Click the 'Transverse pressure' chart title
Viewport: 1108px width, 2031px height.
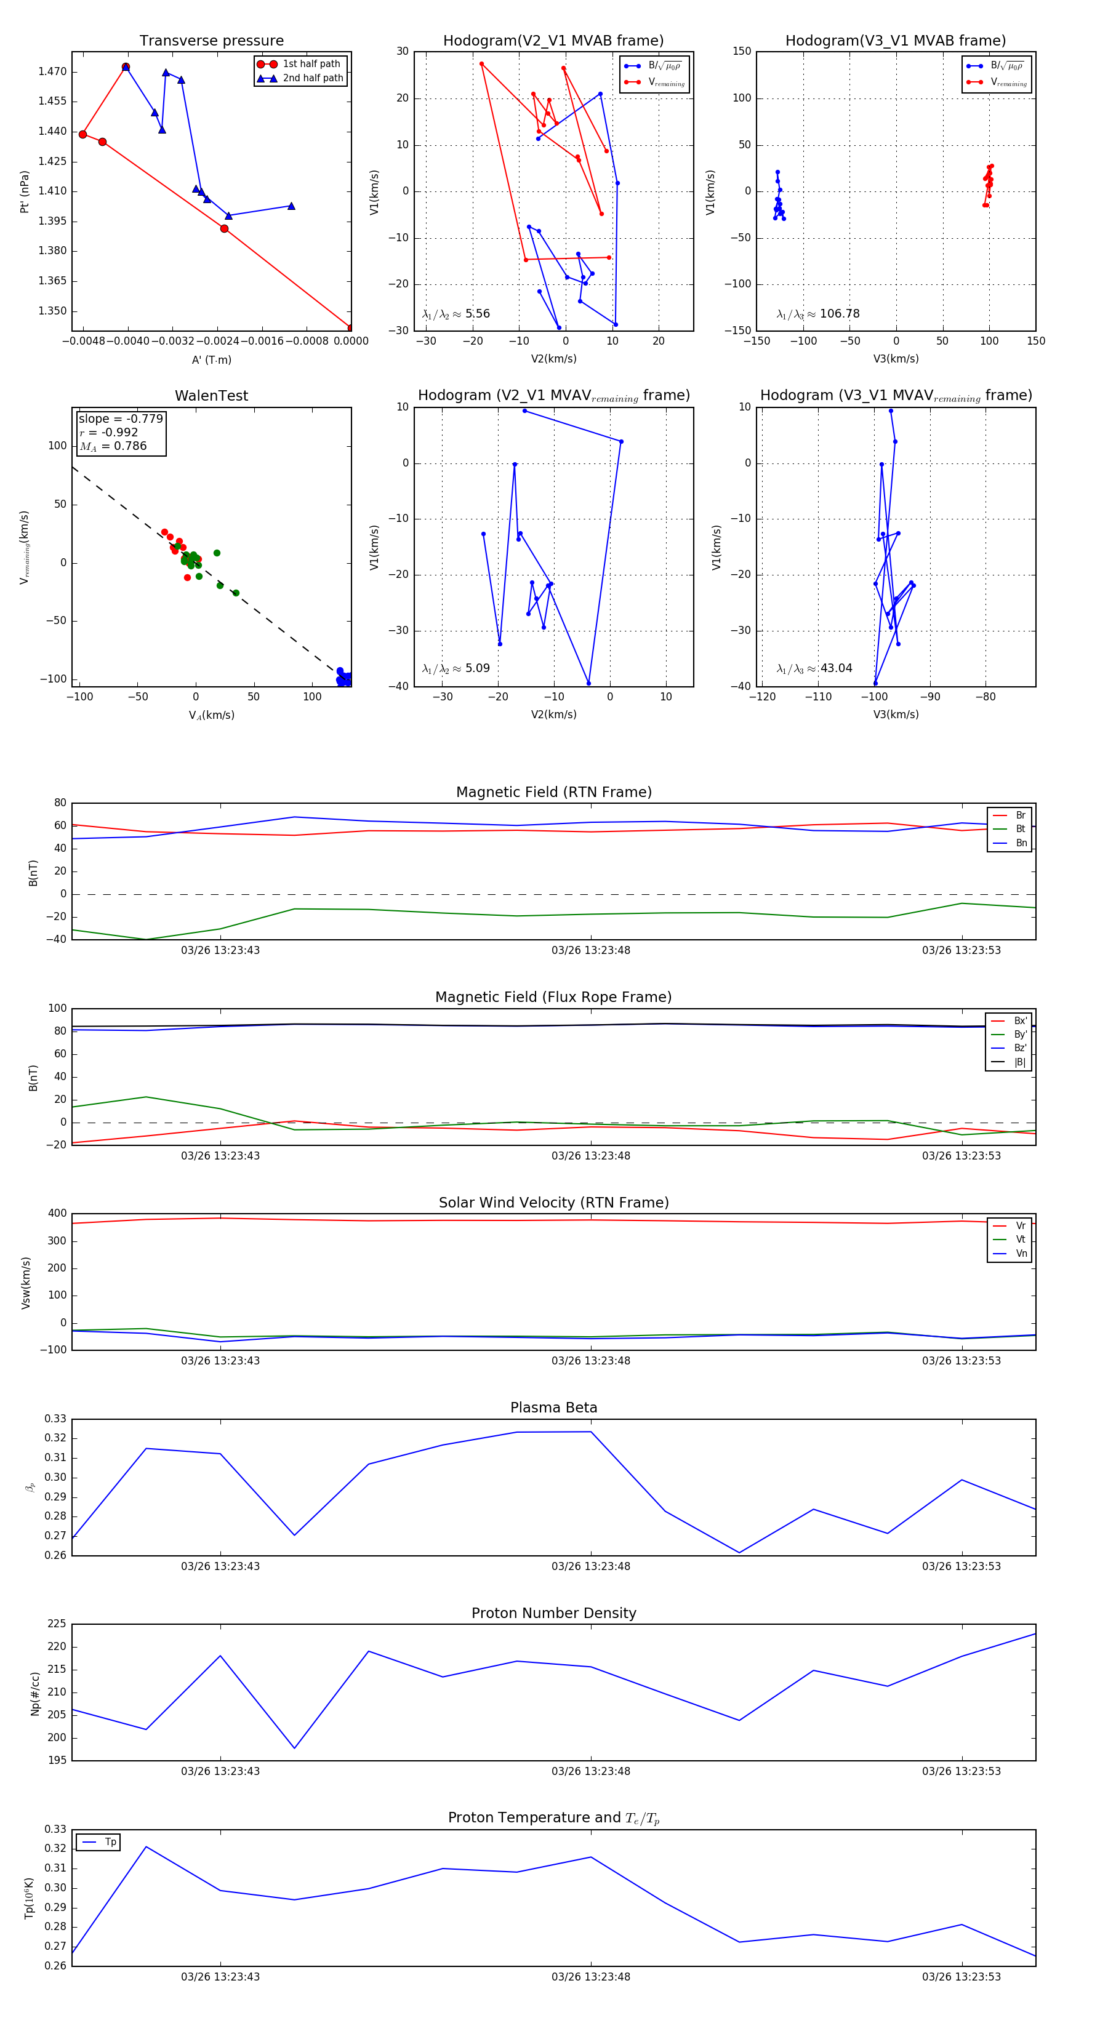(211, 41)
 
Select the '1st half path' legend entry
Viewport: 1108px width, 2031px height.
(311, 64)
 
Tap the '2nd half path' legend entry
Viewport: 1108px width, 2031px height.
(312, 78)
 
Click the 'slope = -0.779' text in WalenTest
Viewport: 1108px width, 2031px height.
(121, 419)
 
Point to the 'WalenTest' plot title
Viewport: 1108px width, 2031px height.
(211, 396)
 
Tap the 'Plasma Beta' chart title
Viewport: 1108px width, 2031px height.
(553, 1408)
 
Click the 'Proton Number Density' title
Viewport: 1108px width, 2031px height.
(553, 1613)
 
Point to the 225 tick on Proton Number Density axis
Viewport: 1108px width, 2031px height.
(57, 1624)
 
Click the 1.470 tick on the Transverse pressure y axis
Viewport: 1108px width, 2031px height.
(52, 72)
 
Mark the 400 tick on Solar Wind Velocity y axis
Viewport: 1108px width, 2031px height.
(57, 1214)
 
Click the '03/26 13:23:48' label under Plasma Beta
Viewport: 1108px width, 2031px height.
(591, 1566)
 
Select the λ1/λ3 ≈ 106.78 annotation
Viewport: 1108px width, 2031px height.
(818, 314)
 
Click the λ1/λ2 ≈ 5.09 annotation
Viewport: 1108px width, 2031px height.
(456, 668)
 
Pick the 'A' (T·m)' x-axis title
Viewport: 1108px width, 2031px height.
(211, 359)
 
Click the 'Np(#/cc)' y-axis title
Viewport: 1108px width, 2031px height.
(34, 1694)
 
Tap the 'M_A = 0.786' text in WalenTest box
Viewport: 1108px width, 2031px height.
(113, 446)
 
